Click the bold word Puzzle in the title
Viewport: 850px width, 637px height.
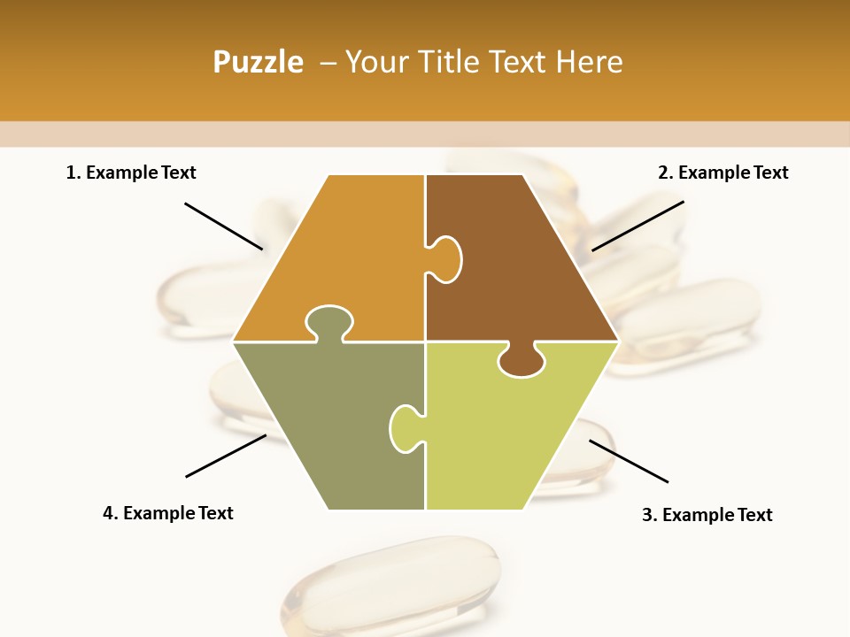click(x=258, y=62)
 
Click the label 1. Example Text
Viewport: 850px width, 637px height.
click(x=131, y=173)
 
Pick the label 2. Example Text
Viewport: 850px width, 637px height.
click(x=722, y=173)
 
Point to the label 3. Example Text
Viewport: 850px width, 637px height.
click(x=707, y=515)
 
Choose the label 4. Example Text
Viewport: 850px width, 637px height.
click(x=167, y=513)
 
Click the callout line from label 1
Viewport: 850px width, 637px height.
click(x=223, y=226)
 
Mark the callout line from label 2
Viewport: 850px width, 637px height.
click(x=637, y=226)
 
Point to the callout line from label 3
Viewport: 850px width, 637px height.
click(x=629, y=461)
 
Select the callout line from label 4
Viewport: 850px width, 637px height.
click(x=226, y=456)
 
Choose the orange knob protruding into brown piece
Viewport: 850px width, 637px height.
click(x=445, y=258)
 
